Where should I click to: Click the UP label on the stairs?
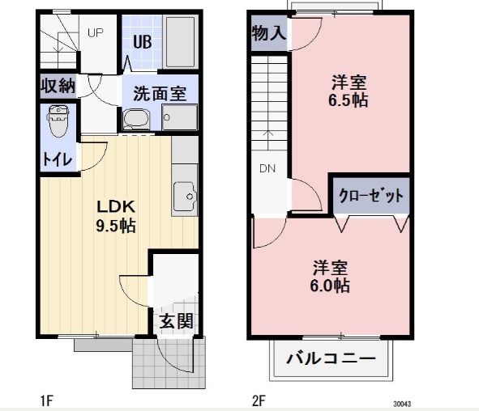96,33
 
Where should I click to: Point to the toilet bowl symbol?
58,122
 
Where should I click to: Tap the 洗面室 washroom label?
160,92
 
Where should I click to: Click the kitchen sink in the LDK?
186,196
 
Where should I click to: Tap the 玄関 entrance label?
177,320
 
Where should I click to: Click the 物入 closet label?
268,33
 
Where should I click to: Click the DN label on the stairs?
268,168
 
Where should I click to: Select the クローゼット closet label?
370,195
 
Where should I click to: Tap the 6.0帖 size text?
331,286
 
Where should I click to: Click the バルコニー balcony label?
331,358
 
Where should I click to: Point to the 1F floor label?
49,399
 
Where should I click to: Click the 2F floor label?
259,399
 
